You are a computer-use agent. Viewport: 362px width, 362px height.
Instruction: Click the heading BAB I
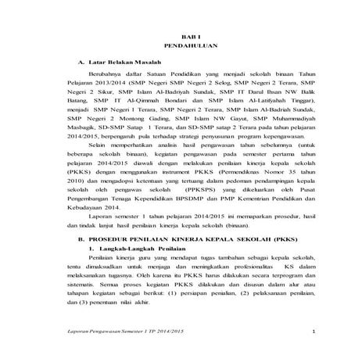click(181, 38)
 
